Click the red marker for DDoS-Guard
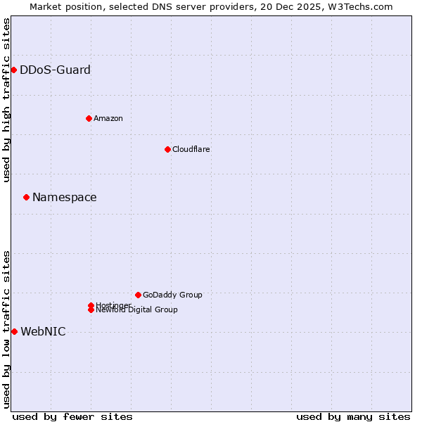click(x=13, y=70)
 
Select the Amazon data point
click(x=89, y=118)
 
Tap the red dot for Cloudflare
click(x=167, y=149)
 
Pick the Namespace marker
click(x=26, y=197)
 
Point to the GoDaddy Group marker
click(x=138, y=295)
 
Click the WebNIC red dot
click(x=14, y=331)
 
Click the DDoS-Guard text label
click(x=55, y=70)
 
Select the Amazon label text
click(x=108, y=118)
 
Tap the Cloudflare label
click(x=191, y=149)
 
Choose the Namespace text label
click(x=65, y=197)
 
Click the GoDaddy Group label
click(x=172, y=295)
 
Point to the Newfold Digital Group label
click(x=136, y=310)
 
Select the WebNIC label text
click(x=43, y=331)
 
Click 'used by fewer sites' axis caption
click(x=72, y=416)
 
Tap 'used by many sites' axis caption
click(x=353, y=416)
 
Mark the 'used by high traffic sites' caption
click(x=6, y=100)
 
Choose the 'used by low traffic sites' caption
click(x=6, y=329)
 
